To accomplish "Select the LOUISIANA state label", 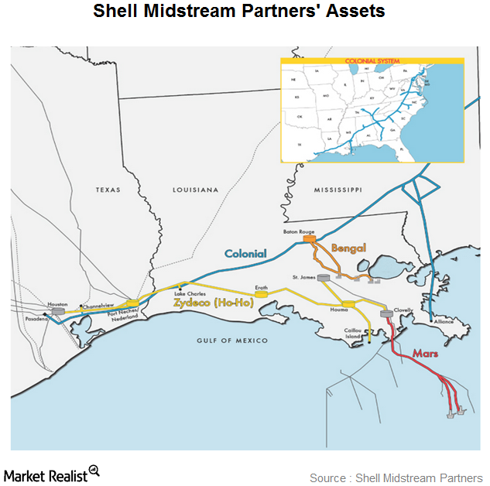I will pos(194,190).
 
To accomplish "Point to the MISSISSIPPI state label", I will pos(338,190).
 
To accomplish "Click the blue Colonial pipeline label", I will pos(245,253).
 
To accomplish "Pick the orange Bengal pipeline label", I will pos(348,248).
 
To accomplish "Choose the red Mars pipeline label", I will pos(425,352).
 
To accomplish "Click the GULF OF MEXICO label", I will pos(231,341).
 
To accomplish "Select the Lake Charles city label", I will pos(190,294).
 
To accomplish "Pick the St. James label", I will pos(304,276).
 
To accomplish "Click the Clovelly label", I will pos(403,309).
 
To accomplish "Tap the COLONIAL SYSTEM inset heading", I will pos(372,60).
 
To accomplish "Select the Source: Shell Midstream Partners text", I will pos(395,477).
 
